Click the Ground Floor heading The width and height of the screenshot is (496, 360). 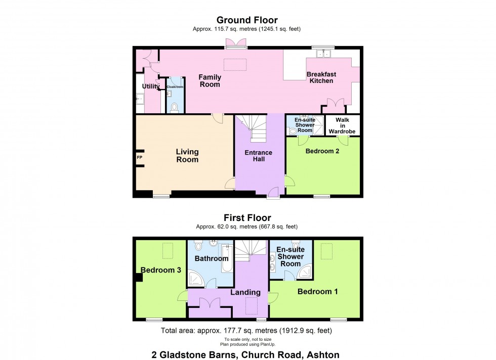point(247,20)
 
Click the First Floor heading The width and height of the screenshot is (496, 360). point(247,218)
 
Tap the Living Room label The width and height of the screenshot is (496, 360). point(187,156)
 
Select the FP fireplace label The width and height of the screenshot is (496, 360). point(140,157)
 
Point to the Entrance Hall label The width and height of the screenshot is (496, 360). point(259,156)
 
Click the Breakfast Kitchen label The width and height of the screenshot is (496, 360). point(321,77)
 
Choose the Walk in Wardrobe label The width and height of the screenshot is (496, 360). point(342,125)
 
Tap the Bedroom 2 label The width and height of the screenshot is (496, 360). point(322,151)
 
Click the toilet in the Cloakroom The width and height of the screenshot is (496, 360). point(174,108)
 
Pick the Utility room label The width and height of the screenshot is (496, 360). point(151,86)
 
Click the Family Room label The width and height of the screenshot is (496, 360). point(210,80)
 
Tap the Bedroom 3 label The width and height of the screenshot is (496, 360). point(161,270)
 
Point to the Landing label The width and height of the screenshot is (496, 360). point(245,292)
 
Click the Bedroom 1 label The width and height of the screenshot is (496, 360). point(318,291)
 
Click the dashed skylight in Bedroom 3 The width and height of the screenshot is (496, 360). point(168,251)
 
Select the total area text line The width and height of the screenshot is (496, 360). point(246,331)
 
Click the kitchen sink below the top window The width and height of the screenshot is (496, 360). point(323,54)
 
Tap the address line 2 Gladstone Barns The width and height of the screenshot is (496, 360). point(245,354)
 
